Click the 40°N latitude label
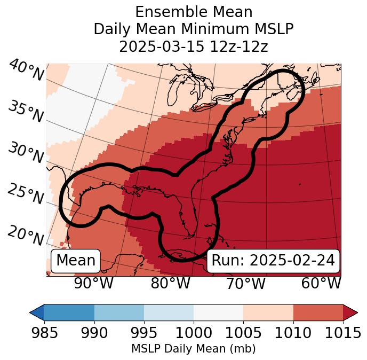(x=26, y=71)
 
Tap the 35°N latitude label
(x=25, y=111)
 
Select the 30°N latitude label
(x=25, y=153)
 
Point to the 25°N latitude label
(x=25, y=194)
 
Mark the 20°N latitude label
(x=25, y=235)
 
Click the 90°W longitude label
(x=93, y=283)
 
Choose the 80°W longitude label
(x=170, y=283)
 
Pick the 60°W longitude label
(x=321, y=283)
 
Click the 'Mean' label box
(x=76, y=261)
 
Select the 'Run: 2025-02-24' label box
(x=273, y=261)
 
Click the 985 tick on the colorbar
(x=44, y=333)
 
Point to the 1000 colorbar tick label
(x=194, y=333)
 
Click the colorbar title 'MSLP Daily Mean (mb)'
(x=193, y=349)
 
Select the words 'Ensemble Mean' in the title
(x=194, y=12)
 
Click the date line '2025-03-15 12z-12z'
(x=194, y=46)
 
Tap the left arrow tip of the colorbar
(x=32, y=312)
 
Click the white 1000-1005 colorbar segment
(x=218, y=312)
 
